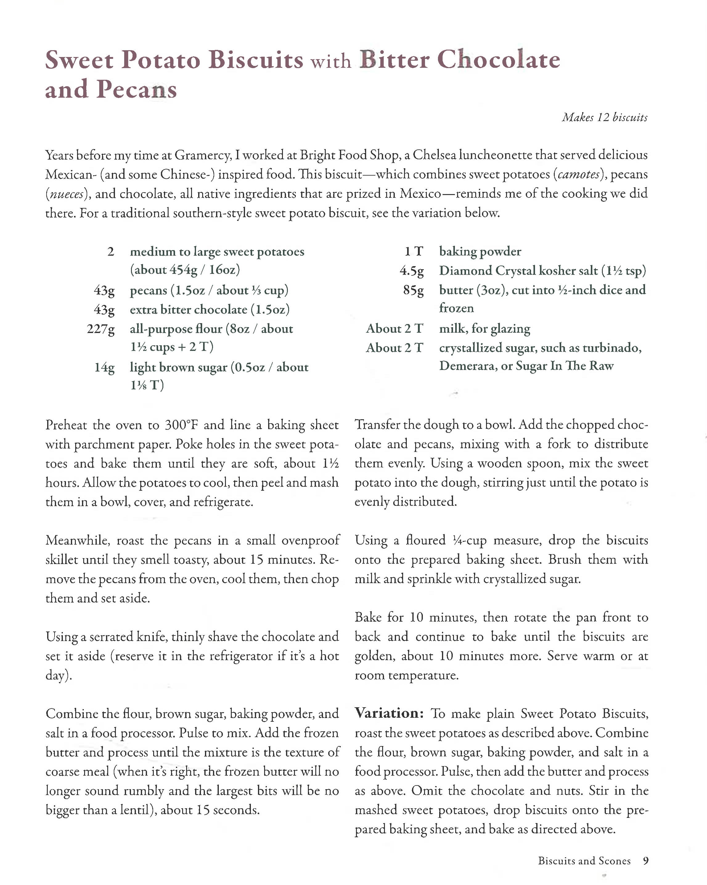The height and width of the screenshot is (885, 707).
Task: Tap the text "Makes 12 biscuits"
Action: point(604,117)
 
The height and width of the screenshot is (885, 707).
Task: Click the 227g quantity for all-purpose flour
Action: point(100,329)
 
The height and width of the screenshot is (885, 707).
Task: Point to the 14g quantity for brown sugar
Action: point(104,367)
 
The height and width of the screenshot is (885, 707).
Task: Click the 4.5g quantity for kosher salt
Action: point(411,271)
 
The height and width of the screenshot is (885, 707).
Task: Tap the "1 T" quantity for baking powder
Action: point(413,251)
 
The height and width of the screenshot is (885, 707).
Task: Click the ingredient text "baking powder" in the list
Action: point(480,251)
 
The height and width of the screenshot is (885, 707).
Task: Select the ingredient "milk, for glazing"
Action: point(484,329)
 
